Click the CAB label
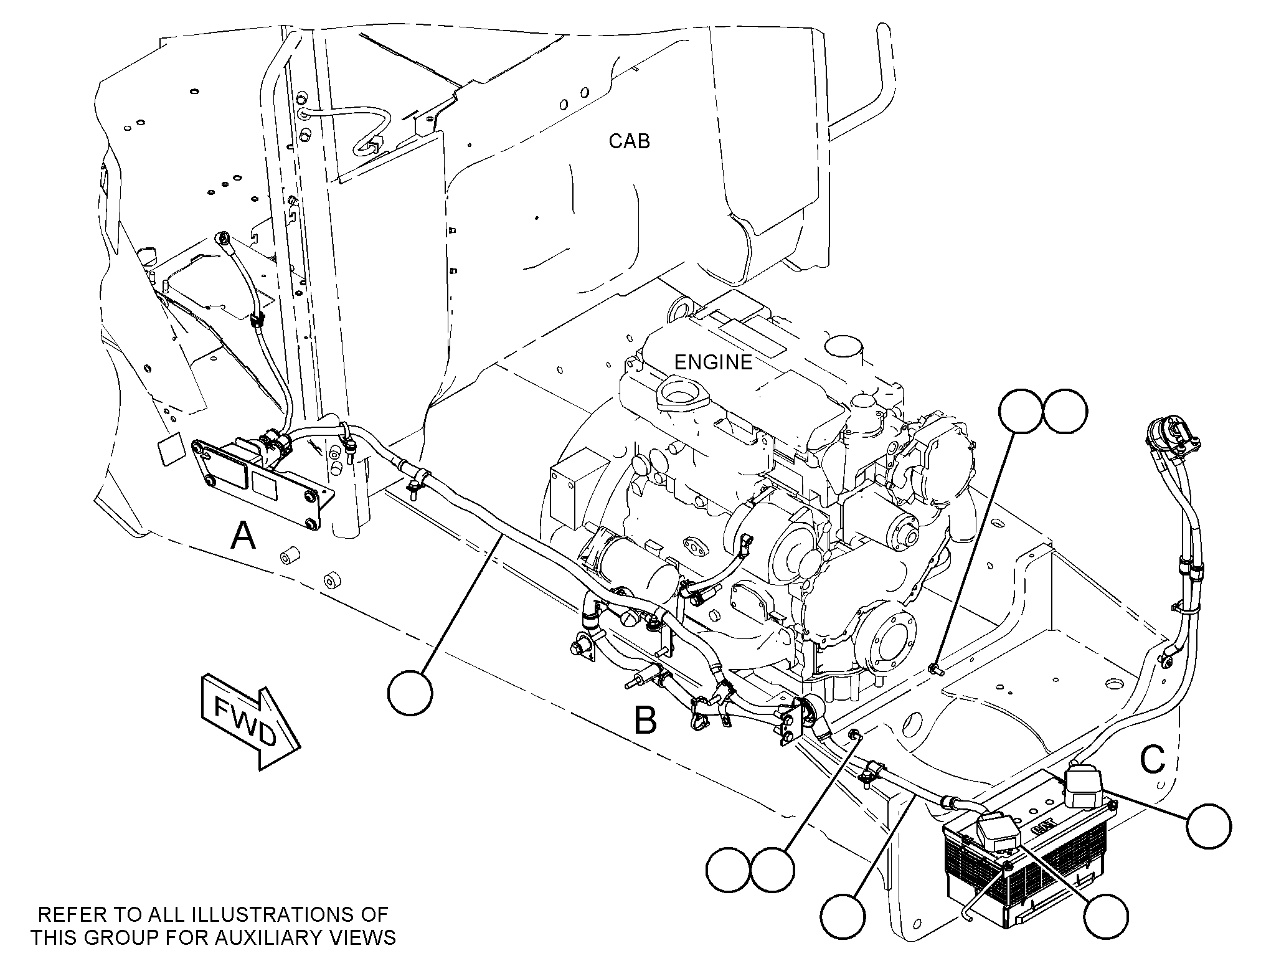[629, 141]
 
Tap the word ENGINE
[714, 361]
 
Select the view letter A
[243, 535]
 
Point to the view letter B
[645, 721]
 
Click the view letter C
[1152, 759]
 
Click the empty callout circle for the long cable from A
[410, 693]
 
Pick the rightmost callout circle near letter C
[1209, 825]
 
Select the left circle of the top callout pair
[1021, 412]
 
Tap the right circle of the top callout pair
[1065, 412]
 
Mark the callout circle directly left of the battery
[843, 917]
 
